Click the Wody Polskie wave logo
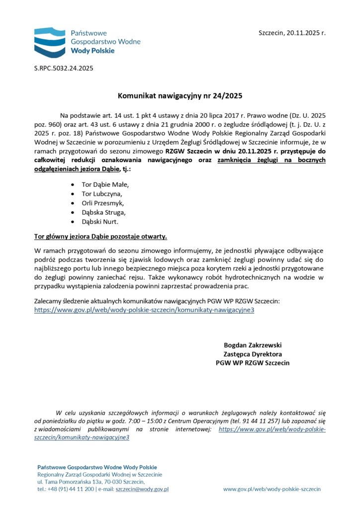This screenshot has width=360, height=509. [x=49, y=40]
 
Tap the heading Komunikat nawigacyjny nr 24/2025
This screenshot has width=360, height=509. [x=180, y=94]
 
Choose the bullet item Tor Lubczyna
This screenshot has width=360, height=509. [x=101, y=194]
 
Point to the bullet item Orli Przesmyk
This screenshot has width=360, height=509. [x=102, y=203]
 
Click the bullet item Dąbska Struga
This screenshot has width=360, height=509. [x=103, y=213]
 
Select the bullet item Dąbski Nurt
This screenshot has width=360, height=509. [x=100, y=222]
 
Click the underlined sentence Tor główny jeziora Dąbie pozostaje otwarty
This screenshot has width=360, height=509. [x=100, y=237]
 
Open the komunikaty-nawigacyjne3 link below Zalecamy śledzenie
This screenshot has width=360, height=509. [x=144, y=310]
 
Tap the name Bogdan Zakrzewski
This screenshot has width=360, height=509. [x=253, y=345]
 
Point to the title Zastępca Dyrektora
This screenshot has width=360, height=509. [x=253, y=354]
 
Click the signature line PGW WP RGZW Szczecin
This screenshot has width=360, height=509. [x=253, y=363]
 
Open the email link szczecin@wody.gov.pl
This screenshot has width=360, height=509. [x=142, y=489]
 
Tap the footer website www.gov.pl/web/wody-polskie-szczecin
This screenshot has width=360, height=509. [x=271, y=489]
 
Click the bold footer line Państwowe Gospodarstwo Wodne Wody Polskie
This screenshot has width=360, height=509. [x=97, y=467]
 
